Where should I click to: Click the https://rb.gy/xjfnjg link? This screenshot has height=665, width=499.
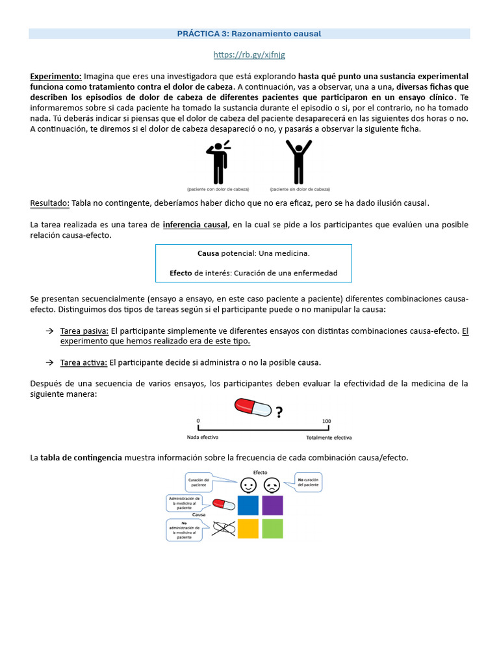tap(249, 55)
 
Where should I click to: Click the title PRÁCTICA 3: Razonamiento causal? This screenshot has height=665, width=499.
tap(249, 33)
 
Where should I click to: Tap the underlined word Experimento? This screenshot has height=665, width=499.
tap(56, 76)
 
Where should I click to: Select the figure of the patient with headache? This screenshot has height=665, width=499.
tap(216, 162)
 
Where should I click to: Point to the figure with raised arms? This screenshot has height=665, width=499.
tap(299, 162)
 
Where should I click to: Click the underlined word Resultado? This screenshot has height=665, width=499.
tap(50, 203)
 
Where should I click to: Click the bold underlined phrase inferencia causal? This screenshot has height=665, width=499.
tap(196, 225)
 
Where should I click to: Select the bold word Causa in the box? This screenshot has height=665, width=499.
tap(209, 253)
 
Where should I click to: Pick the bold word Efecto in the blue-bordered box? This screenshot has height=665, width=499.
tap(181, 273)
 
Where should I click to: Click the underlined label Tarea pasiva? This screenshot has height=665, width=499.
tap(84, 331)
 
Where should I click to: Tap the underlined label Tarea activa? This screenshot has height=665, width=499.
tap(84, 362)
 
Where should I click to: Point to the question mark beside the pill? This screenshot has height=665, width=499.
tap(279, 412)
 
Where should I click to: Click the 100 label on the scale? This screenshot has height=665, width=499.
tap(326, 421)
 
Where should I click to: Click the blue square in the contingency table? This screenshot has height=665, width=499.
tap(248, 505)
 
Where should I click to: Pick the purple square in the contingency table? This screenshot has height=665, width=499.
tap(272, 505)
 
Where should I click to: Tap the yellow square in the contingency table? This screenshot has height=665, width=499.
tap(248, 529)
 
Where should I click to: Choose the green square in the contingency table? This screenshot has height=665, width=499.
tap(272, 529)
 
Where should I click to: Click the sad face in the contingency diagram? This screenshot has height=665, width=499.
tap(272, 484)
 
